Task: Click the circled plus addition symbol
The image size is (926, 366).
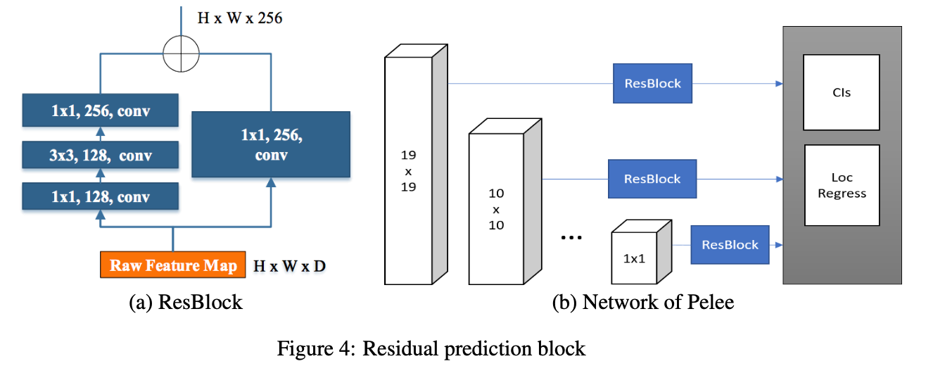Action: (182, 53)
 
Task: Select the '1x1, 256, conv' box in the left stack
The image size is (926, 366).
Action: (100, 111)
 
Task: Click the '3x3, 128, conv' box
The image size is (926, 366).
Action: (100, 154)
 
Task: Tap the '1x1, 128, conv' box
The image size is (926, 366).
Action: (100, 196)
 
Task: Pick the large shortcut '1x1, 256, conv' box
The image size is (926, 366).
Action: (271, 144)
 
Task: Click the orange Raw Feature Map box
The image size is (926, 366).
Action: (173, 265)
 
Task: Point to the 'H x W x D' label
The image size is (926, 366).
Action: (290, 266)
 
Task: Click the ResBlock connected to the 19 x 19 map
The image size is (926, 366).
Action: (652, 83)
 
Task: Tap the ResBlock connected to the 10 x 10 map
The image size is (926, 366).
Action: (652, 179)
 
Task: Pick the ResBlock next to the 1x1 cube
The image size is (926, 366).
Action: (730, 244)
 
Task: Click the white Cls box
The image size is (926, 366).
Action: (841, 92)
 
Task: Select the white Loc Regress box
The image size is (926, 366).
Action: (842, 185)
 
